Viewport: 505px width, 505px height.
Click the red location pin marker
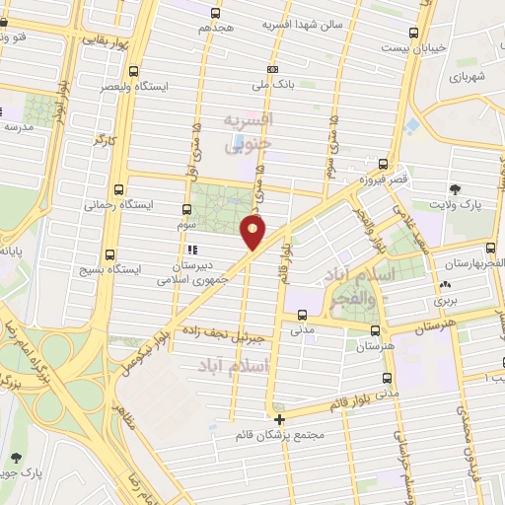pos(253,232)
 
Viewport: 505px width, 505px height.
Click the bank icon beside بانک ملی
pos(273,69)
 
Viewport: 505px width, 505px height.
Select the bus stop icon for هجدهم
pos(216,13)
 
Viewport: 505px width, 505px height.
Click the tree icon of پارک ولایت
pos(455,188)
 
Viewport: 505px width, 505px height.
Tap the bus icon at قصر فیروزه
pos(382,166)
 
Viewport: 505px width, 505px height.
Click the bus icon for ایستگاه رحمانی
pos(120,188)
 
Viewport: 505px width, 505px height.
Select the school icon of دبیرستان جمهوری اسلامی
pos(193,251)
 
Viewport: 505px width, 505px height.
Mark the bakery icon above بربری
pos(441,285)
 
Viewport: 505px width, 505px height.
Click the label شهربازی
pos(469,76)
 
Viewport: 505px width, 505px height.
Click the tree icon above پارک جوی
pos(16,457)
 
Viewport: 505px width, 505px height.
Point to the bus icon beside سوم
pos(187,209)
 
